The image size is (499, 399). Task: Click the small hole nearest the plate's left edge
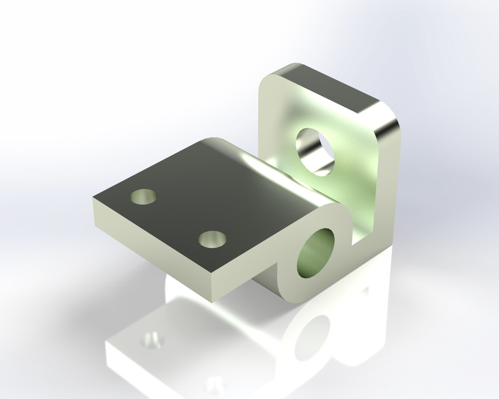(143, 197)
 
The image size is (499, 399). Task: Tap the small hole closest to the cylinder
(212, 238)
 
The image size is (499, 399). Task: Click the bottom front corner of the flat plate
(216, 298)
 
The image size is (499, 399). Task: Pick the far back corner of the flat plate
(215, 139)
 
